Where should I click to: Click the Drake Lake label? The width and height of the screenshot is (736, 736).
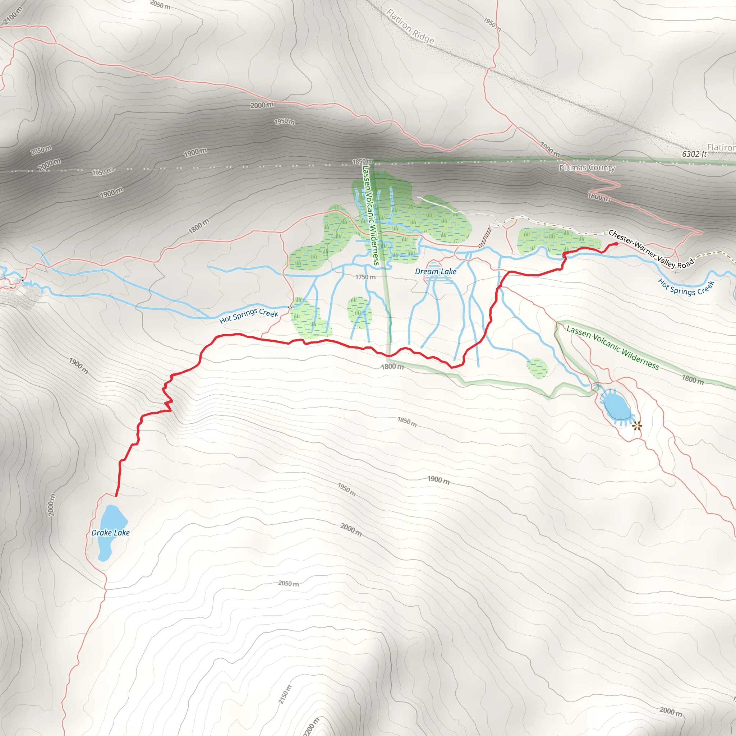(x=110, y=533)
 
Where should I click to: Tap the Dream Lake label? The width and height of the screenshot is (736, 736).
(x=436, y=272)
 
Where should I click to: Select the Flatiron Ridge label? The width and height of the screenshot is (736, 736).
(x=410, y=26)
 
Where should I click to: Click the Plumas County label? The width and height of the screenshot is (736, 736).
(x=587, y=167)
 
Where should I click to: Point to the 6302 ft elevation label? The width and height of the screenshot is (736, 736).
(x=694, y=154)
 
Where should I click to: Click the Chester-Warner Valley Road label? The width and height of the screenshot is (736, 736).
(x=651, y=249)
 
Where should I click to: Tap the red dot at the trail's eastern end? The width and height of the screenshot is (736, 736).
(x=616, y=244)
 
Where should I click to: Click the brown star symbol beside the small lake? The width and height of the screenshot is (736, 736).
(x=637, y=426)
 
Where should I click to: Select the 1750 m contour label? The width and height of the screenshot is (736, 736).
(x=365, y=277)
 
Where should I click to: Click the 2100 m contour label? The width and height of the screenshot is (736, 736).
(x=13, y=16)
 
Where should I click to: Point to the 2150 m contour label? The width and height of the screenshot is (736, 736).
(x=285, y=694)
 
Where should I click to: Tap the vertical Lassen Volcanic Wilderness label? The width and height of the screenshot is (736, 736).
(x=370, y=215)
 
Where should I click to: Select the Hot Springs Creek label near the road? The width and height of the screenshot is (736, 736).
(x=686, y=287)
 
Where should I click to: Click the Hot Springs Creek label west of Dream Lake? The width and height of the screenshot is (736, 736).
(x=249, y=316)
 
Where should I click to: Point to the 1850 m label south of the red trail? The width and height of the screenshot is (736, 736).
(x=407, y=422)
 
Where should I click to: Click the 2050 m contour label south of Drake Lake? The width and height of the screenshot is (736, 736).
(x=288, y=584)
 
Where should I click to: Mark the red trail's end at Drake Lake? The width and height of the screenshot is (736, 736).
(x=116, y=496)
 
